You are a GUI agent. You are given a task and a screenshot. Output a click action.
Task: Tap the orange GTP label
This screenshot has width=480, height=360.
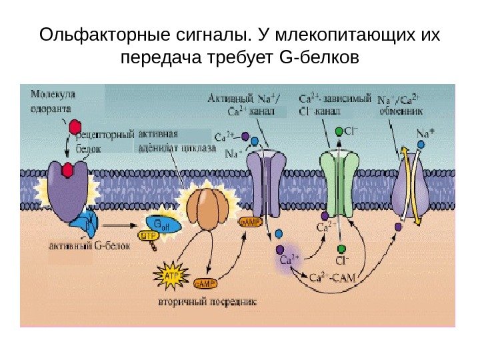point(147,235)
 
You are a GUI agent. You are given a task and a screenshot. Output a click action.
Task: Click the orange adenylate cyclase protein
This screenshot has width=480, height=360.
point(206,207)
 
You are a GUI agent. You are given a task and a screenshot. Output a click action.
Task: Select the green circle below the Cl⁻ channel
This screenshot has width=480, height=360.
point(341,249)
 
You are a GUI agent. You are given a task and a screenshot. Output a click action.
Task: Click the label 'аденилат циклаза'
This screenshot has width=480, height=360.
point(177,147)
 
